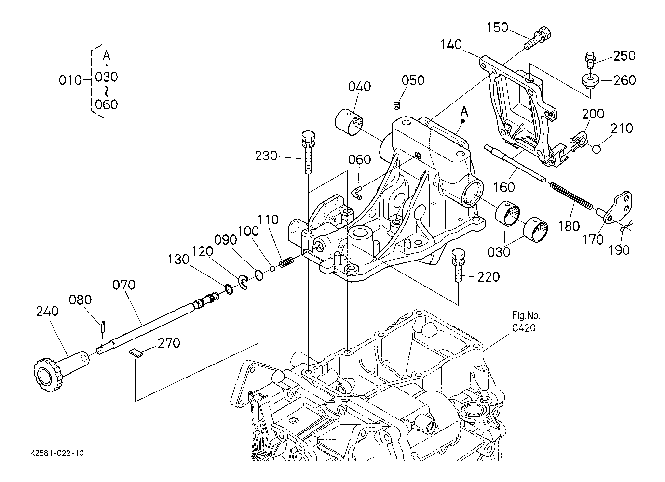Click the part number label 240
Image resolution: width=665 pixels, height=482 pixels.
point(47,312)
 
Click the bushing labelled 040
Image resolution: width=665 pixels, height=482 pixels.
point(350,121)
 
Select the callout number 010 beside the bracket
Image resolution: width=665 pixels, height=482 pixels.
point(71,80)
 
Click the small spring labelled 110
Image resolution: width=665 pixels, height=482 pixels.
point(287,262)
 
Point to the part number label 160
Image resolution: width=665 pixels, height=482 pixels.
point(503,187)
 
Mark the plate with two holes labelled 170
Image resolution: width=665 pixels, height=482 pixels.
point(619,207)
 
